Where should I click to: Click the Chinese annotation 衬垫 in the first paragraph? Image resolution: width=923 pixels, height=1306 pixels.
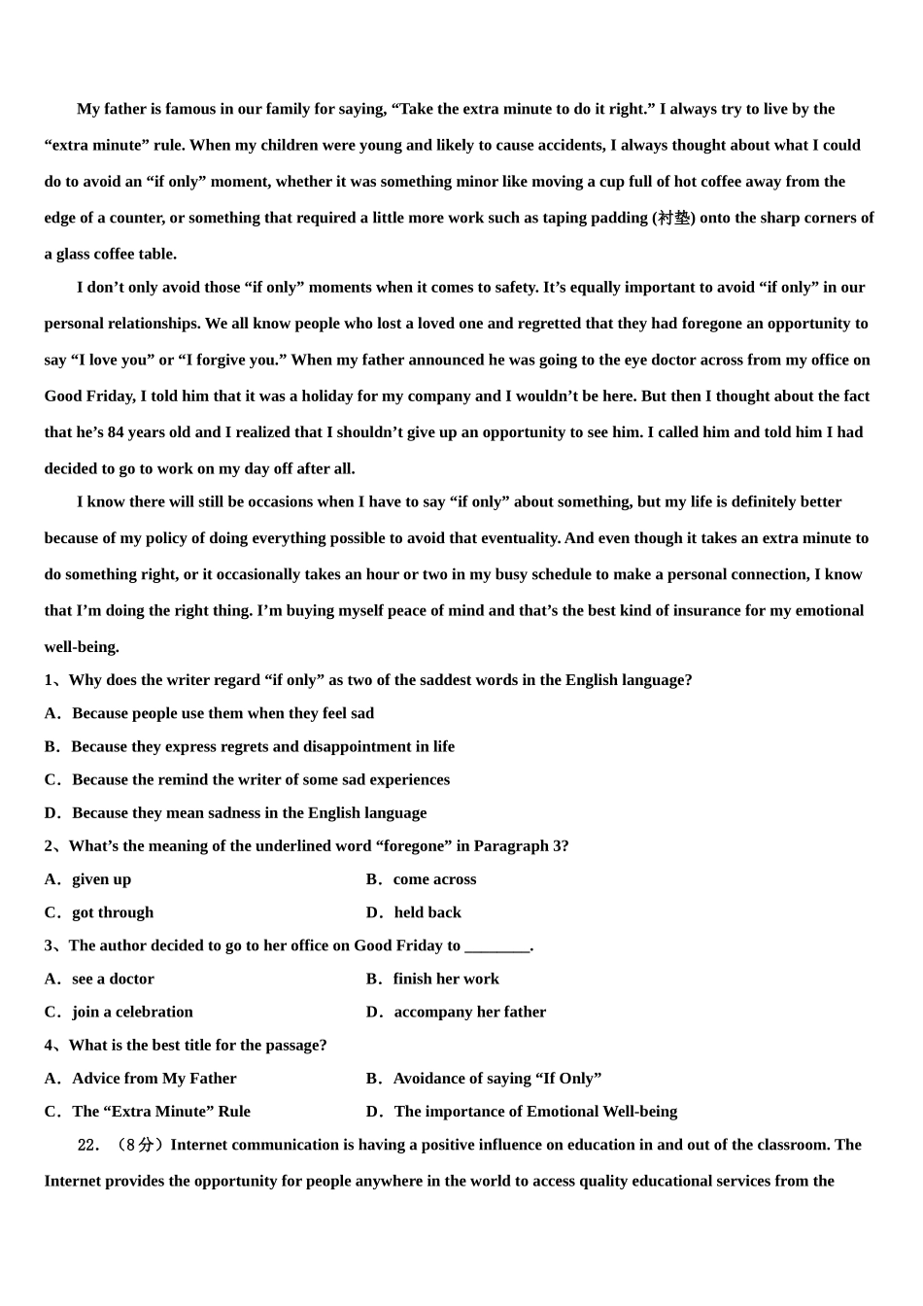[674, 218]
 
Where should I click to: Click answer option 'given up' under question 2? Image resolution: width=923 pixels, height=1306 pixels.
[101, 879]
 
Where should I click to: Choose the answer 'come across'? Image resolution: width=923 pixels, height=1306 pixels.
[434, 879]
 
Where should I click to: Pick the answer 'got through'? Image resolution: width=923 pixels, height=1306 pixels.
[113, 912]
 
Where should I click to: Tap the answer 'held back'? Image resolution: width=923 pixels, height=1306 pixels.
[427, 912]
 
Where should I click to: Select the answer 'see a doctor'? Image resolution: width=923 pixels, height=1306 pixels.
[113, 979]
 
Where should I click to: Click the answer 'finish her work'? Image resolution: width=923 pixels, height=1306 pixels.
[446, 979]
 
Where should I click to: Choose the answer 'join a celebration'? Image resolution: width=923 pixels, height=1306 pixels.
[132, 1012]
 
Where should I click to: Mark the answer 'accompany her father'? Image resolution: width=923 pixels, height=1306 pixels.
[470, 1012]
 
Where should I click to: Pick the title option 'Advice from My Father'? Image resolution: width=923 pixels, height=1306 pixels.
[154, 1079]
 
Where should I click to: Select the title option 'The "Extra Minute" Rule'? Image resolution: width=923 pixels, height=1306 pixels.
[161, 1112]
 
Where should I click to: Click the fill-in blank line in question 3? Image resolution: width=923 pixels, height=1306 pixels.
[497, 946]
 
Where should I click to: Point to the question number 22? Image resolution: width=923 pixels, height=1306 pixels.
[88, 1145]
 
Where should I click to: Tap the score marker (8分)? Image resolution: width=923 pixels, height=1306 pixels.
[137, 1145]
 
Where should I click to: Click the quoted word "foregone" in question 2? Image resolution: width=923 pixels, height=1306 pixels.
[413, 846]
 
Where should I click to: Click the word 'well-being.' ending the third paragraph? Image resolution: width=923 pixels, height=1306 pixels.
[82, 647]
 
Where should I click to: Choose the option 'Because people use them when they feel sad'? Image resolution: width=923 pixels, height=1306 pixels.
[222, 713]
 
